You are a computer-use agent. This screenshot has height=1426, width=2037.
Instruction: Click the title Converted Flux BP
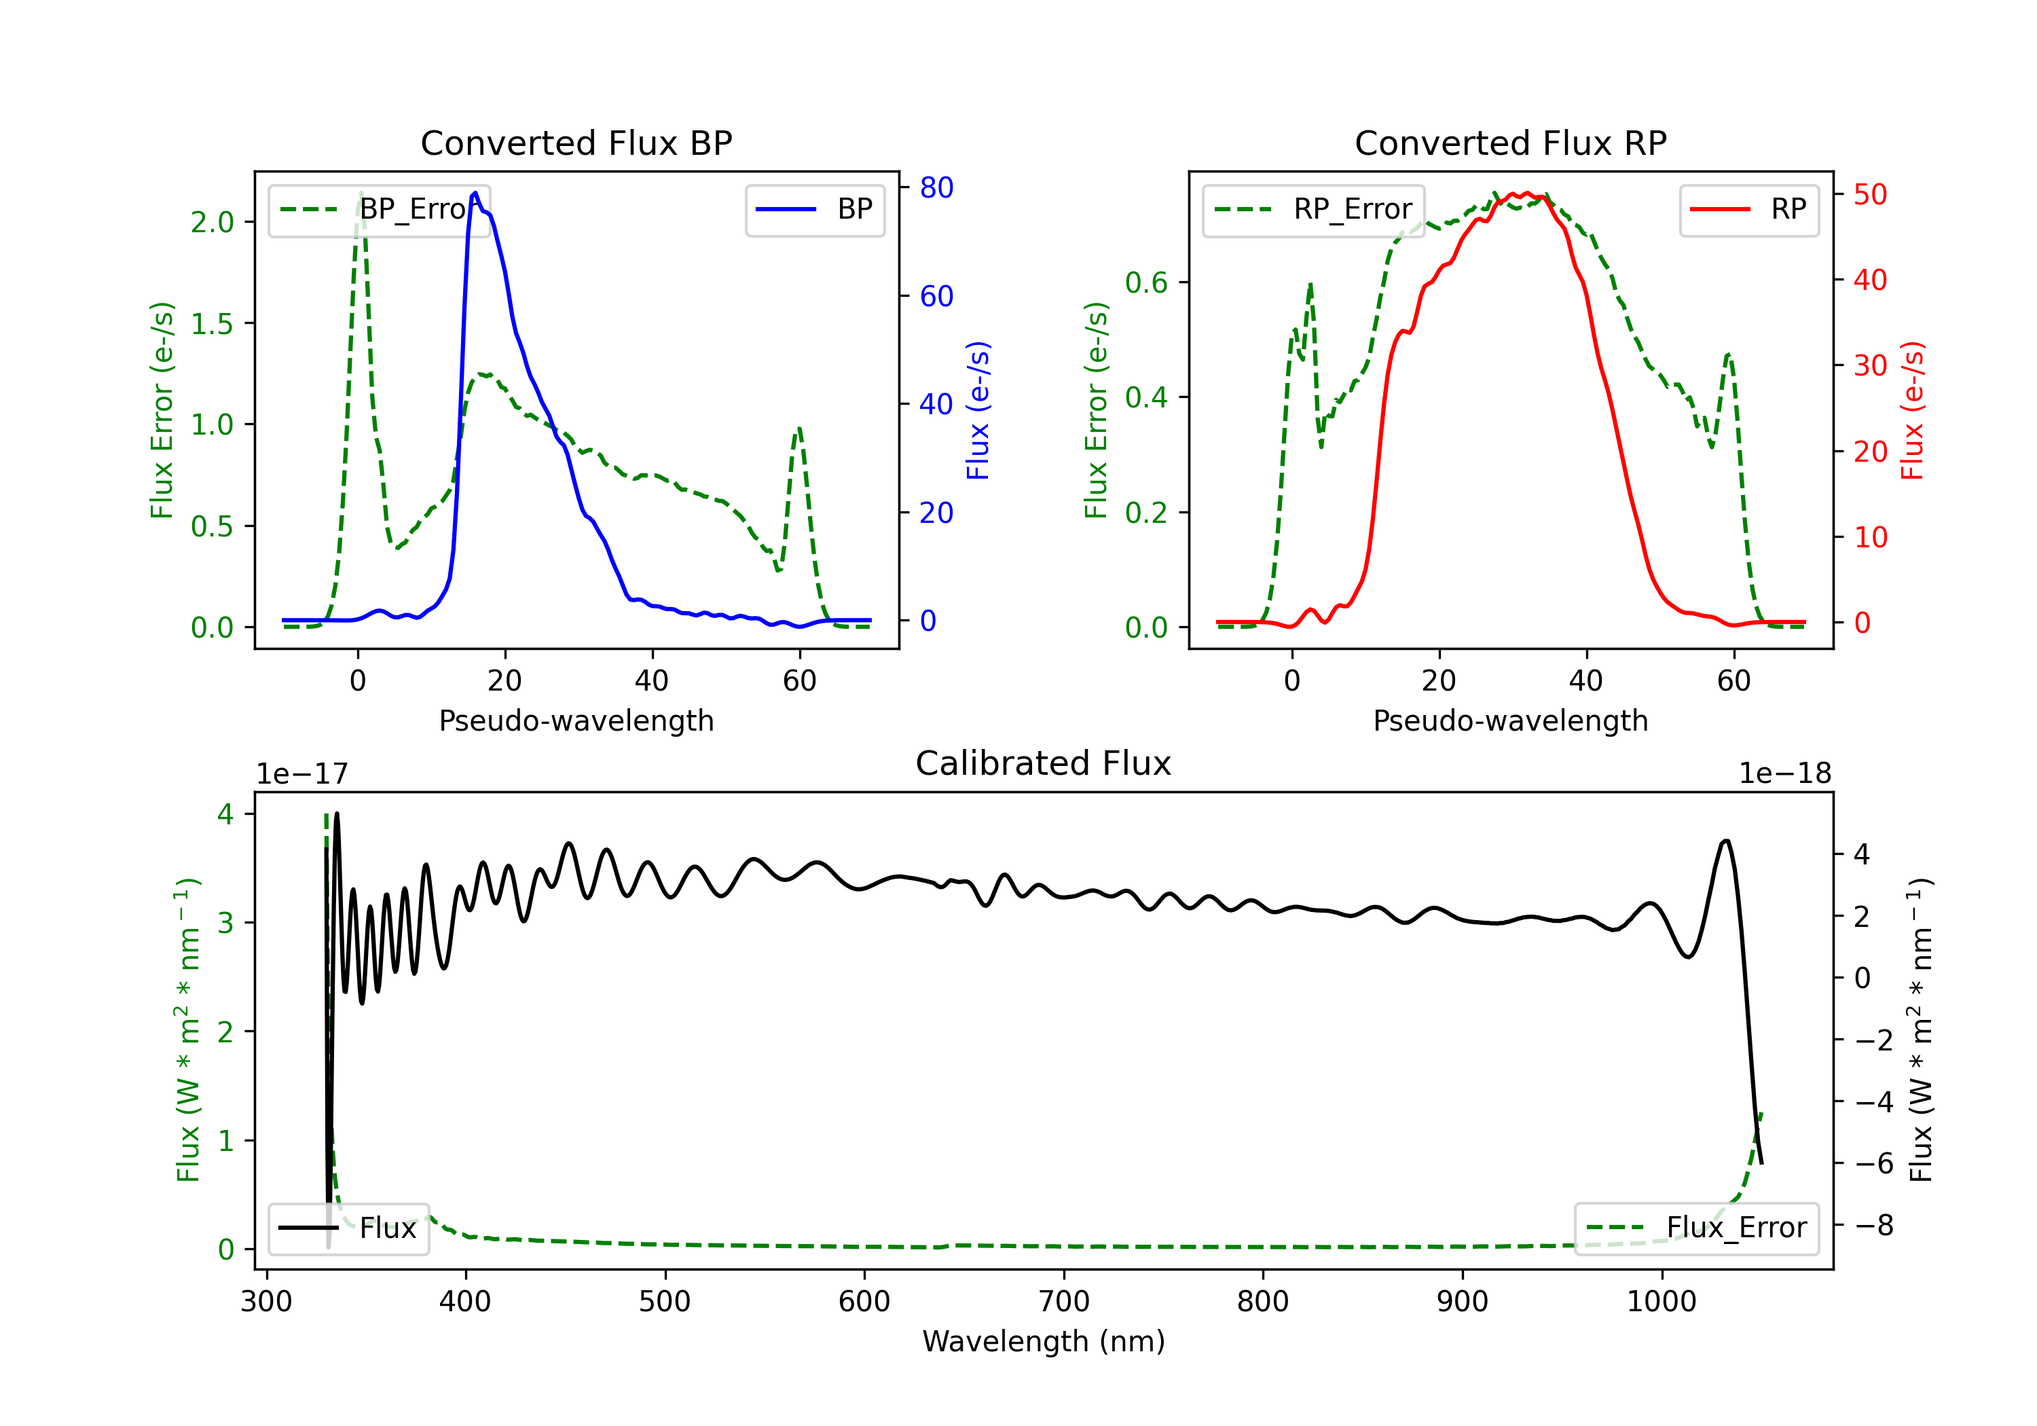(x=576, y=143)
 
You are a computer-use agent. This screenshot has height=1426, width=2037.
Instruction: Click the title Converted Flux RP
(x=1510, y=143)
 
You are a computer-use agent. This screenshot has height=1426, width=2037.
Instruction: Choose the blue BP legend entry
(x=814, y=209)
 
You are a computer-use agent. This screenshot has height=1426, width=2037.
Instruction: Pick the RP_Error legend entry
(x=1313, y=209)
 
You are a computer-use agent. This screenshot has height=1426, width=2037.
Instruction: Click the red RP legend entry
(x=1748, y=209)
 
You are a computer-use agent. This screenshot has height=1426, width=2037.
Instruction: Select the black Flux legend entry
(x=348, y=1228)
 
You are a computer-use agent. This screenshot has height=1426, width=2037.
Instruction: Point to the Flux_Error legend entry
(x=1696, y=1228)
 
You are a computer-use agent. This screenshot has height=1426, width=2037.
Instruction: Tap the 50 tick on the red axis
(x=1870, y=194)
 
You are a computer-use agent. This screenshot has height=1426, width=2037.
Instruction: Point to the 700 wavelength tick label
(x=1064, y=1302)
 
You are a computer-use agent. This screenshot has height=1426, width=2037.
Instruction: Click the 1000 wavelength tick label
(x=1662, y=1302)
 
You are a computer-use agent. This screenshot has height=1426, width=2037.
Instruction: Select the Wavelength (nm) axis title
(x=1044, y=1342)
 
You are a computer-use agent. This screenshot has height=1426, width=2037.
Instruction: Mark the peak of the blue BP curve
(x=475, y=193)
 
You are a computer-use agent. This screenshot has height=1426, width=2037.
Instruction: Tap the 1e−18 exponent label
(x=1785, y=774)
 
